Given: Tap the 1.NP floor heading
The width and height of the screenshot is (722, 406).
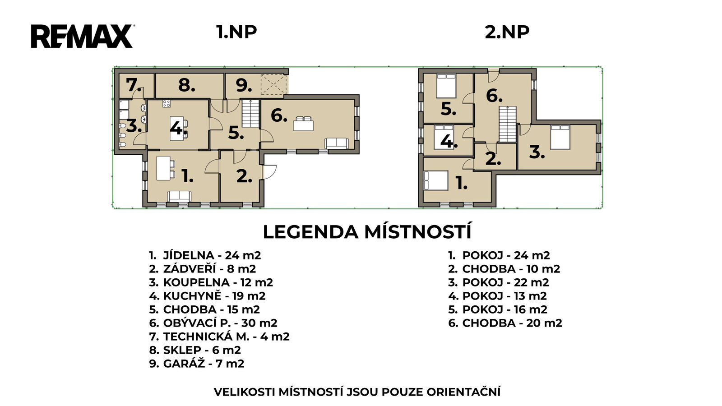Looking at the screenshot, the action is click(236, 32).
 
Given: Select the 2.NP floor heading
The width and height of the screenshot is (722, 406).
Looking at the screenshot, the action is click(507, 32).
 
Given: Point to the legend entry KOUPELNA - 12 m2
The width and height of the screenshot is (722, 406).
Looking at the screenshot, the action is click(211, 282).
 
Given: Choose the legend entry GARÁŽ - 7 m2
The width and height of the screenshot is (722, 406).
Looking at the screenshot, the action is click(197, 364).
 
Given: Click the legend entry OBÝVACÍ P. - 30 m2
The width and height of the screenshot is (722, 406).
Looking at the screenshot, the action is click(213, 323).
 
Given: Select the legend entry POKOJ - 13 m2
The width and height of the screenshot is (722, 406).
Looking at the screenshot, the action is click(497, 296).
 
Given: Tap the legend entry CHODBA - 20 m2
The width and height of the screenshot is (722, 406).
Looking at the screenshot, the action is click(505, 323).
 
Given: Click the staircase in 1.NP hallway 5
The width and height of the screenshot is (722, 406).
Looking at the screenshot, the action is click(250, 113).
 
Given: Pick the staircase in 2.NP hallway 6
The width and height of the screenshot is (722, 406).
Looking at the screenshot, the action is click(508, 124).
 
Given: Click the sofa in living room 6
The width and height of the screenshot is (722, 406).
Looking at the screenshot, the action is click(337, 143).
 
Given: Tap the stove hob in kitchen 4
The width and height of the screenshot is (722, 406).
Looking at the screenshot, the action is click(167, 103).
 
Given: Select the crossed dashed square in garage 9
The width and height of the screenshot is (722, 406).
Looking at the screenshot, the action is click(273, 84).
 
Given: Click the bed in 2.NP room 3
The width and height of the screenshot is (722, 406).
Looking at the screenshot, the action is click(560, 138).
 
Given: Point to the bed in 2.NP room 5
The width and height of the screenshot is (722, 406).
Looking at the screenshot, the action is click(446, 86).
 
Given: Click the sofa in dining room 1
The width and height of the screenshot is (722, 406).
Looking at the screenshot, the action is click(179, 196).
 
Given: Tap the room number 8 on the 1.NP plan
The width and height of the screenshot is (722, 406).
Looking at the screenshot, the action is click(187, 85).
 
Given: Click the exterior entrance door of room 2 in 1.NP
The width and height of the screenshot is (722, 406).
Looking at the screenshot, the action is click(269, 172).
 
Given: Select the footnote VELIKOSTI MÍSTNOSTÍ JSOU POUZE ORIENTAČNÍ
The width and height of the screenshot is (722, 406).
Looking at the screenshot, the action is click(357, 392).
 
